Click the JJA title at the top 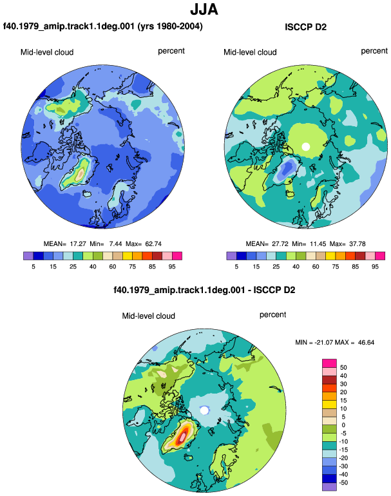204,10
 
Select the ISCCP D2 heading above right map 305,27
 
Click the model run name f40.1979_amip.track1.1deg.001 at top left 69,26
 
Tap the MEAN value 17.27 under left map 78,244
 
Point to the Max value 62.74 153,244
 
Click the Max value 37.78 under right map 357,244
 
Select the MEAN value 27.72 280,244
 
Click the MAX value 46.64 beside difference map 366,342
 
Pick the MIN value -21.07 324,342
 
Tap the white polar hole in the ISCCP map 305,147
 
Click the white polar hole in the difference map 204,410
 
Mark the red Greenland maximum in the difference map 182,437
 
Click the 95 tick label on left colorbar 172,267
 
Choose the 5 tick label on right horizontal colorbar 236,267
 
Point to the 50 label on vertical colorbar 343,368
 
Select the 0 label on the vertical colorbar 343,425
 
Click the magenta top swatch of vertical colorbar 329,363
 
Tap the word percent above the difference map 272,315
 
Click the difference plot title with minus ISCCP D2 204,290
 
